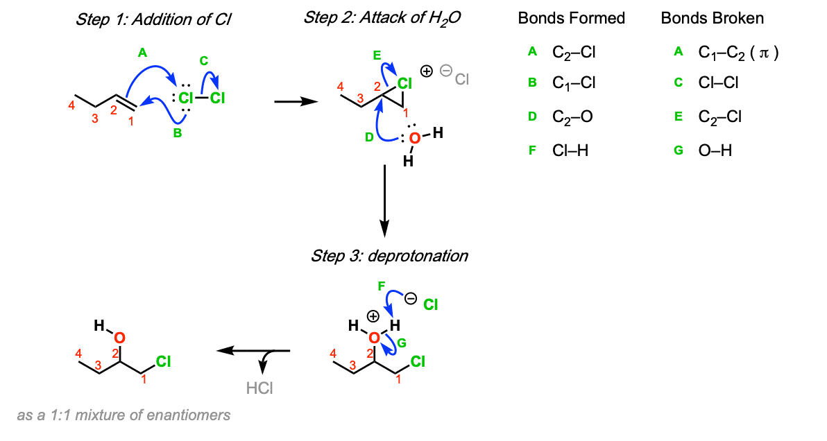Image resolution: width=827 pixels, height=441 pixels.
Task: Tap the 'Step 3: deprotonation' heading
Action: coord(389,256)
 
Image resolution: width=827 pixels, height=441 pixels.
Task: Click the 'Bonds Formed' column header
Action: coord(571,19)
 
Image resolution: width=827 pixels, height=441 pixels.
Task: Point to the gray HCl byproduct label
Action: coord(259,388)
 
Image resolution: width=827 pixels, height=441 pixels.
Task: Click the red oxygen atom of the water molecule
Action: coord(414,139)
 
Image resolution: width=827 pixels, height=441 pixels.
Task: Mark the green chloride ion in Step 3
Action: coord(431,304)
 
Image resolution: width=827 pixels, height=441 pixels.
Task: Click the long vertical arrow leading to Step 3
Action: coord(384,201)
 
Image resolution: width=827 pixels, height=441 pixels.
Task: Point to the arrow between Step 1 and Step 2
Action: coord(296,101)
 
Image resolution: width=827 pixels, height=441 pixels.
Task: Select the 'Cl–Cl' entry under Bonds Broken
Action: coord(718,83)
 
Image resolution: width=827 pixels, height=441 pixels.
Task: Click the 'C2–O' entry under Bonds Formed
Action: coord(572,116)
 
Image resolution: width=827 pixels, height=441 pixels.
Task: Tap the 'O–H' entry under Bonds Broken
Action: coord(715,150)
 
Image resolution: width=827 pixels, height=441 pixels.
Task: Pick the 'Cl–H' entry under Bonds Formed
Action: coord(570,150)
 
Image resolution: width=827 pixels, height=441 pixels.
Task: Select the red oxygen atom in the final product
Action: coord(119,338)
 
